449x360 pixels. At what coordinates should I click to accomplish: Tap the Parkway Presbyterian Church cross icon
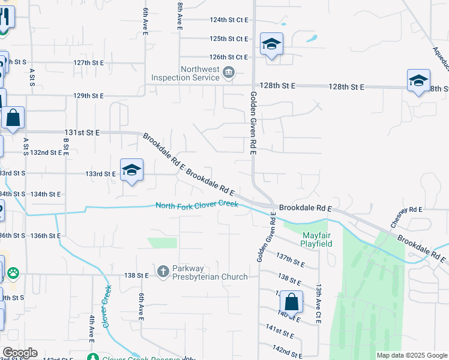163,272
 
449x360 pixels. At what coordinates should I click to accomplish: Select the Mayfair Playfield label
318,239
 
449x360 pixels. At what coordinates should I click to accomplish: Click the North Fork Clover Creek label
197,205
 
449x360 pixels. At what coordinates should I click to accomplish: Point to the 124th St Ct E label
229,20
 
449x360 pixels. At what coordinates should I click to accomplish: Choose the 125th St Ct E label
229,39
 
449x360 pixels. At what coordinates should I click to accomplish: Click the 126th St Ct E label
229,57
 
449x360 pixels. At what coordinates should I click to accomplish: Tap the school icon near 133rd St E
131,170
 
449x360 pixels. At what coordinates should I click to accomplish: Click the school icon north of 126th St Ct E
271,44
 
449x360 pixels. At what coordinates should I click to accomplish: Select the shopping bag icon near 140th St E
291,302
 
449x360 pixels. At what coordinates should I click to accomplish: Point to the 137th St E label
291,260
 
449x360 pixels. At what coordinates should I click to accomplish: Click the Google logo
20,353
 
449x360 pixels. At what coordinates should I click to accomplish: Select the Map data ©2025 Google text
411,355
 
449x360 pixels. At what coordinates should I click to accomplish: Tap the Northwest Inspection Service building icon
229,73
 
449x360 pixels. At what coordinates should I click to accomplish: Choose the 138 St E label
136,275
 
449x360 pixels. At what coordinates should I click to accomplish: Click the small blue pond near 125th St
311,39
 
